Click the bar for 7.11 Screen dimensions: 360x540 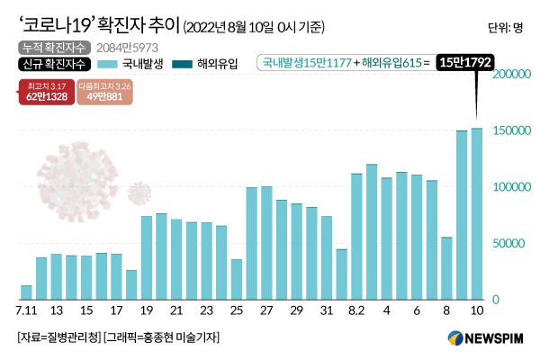coord(26,292)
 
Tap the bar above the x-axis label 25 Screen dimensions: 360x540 coord(237,279)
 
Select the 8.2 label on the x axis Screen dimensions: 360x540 coord(355,310)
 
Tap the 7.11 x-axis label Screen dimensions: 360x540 coord(26,310)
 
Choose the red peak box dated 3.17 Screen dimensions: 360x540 coord(45,93)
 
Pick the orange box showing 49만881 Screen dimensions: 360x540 coord(105,93)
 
